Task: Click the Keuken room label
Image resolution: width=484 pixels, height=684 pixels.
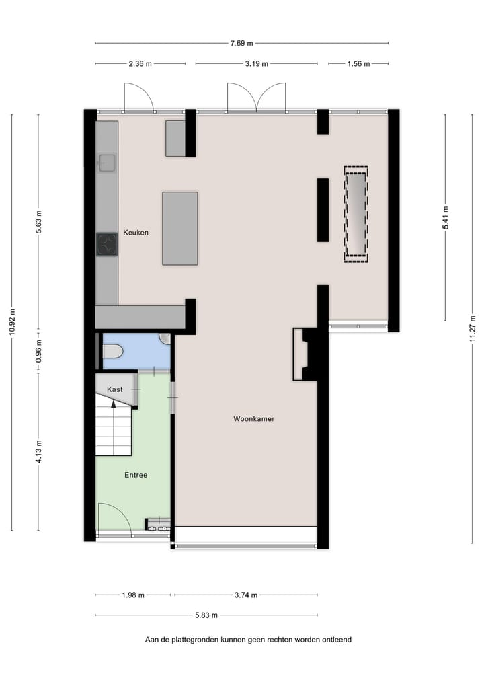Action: click(135, 233)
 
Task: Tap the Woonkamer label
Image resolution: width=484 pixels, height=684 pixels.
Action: click(253, 419)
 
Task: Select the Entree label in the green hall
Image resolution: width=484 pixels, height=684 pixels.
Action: click(136, 475)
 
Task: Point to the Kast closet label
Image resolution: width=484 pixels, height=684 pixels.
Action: click(114, 389)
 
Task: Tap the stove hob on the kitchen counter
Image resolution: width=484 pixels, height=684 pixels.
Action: click(107, 244)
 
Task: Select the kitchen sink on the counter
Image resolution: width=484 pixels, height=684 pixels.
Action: click(107, 162)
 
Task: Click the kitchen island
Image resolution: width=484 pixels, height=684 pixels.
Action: click(180, 228)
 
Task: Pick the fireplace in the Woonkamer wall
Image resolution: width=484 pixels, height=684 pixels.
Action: click(305, 354)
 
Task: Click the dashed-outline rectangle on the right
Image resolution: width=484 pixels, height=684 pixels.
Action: click(356, 214)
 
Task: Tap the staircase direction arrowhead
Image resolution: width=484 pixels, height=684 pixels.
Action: click(114, 404)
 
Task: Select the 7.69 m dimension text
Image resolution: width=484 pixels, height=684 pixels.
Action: click(241, 44)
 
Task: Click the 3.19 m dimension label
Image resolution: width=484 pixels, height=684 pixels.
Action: click(257, 64)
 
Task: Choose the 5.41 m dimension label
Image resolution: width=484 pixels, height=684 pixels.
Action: click(445, 218)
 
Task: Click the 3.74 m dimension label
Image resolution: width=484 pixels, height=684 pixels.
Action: click(245, 595)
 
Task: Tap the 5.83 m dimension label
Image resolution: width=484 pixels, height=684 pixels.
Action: click(207, 615)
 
